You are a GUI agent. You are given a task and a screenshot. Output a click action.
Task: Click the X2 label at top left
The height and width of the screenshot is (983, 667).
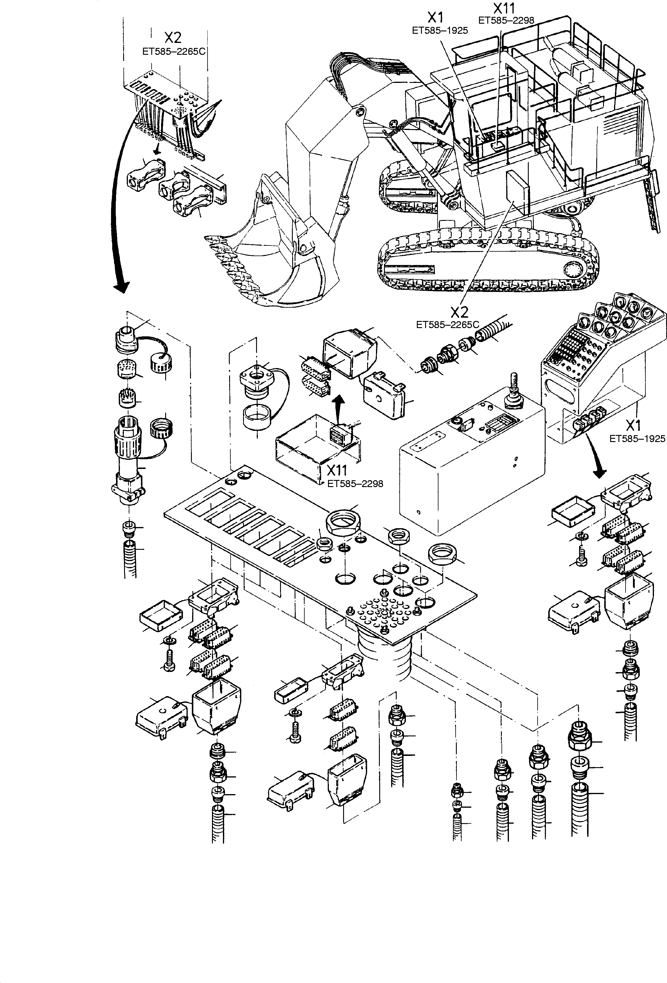[x=173, y=38]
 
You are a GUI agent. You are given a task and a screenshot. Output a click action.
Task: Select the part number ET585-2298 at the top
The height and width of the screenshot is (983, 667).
[x=506, y=20]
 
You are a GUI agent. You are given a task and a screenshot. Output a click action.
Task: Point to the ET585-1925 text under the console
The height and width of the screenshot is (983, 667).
[x=637, y=439]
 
